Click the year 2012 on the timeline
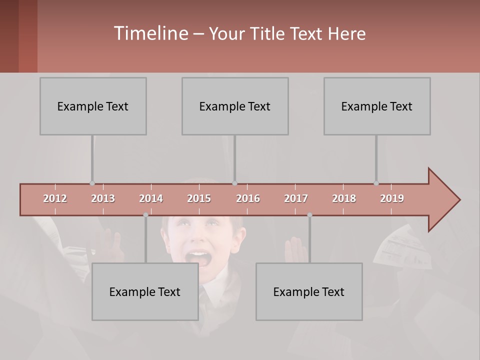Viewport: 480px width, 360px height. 55,198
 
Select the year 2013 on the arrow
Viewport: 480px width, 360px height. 103,198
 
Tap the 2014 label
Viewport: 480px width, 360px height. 151,198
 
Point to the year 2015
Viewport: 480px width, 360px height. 199,198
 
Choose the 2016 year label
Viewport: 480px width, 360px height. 248,198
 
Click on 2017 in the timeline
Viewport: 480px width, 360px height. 296,198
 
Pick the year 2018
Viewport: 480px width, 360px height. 344,198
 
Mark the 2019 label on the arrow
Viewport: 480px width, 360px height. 392,198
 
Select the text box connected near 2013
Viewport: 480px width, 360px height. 93,106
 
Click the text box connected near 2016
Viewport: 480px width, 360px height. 235,106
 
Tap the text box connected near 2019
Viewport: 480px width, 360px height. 377,106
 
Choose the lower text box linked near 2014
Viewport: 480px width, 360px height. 145,291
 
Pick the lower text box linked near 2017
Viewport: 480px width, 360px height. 309,291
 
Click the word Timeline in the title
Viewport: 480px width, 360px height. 150,33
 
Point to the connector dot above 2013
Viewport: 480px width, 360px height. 92,183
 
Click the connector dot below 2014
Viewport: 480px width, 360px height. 145,215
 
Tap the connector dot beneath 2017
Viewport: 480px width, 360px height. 309,215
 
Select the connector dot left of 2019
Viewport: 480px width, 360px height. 376,183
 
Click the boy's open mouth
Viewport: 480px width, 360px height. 199,258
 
